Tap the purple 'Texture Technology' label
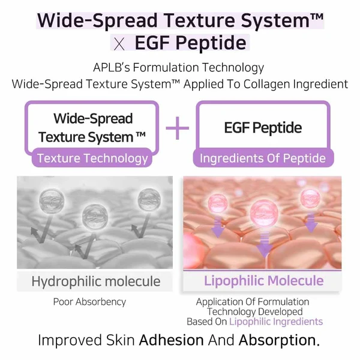pyautogui.click(x=92, y=158)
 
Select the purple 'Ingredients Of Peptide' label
pyautogui.click(x=262, y=158)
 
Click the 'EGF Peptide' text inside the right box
pyautogui.click(x=262, y=128)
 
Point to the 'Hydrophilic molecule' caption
pyautogui.click(x=96, y=281)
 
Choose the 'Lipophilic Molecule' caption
pyautogui.click(x=263, y=281)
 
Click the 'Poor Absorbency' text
pyautogui.click(x=89, y=302)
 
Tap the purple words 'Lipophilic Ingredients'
pyautogui.click(x=275, y=322)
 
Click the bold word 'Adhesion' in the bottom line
pyautogui.click(x=171, y=340)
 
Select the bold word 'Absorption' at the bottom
pyautogui.click(x=277, y=340)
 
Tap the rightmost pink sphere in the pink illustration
pyautogui.click(x=311, y=199)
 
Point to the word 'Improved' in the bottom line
pyautogui.click(x=65, y=340)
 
